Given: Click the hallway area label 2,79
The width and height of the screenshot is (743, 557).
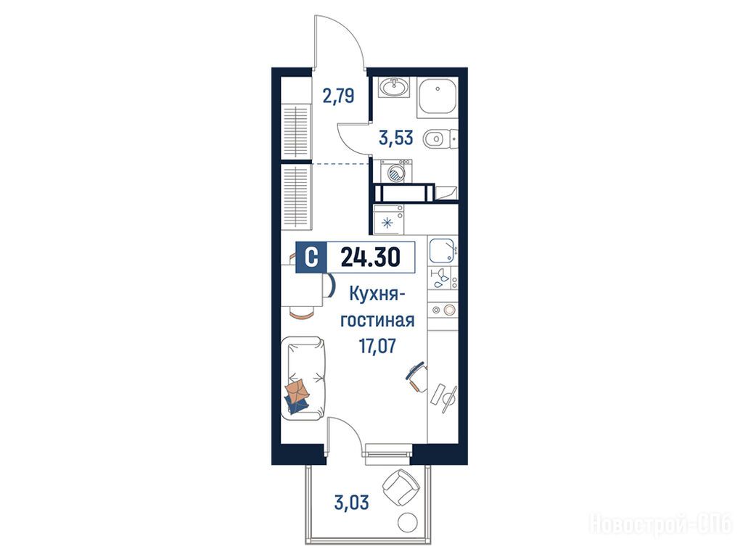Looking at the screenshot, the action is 338,96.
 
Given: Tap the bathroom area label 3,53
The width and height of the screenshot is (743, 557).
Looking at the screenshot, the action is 396,138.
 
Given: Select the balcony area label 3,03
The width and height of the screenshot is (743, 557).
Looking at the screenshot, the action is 351,502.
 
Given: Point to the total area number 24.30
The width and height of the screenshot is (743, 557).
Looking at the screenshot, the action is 371,257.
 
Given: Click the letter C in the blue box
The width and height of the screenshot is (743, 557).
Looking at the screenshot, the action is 311,257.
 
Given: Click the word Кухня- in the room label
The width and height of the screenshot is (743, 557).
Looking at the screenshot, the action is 377,294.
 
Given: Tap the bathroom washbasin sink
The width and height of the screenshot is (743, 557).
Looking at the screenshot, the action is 394,87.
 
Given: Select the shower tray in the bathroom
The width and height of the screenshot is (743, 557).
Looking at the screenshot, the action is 437,99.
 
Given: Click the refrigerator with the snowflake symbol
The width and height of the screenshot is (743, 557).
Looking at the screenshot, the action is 389,219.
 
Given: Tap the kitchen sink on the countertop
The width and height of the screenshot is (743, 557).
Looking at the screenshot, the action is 443,250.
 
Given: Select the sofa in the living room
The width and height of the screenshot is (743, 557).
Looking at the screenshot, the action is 303,377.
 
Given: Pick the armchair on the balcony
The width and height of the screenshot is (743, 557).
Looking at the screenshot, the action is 401,488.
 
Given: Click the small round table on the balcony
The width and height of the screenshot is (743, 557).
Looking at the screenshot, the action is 408,522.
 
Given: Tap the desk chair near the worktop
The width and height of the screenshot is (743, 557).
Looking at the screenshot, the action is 417,376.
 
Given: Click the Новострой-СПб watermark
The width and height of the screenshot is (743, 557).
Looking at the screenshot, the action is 660,524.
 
